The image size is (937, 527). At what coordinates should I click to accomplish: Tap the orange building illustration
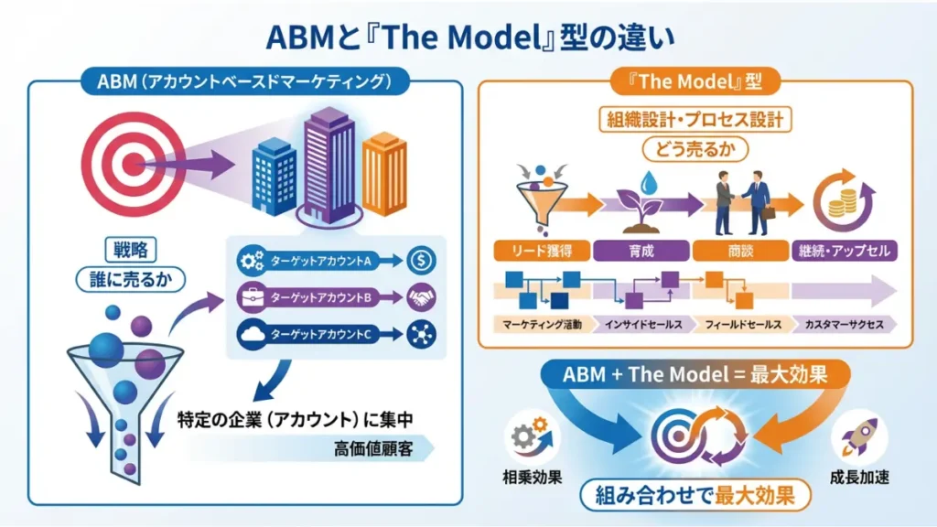(x=384, y=174)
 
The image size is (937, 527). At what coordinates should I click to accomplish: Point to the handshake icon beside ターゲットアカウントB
(x=421, y=298)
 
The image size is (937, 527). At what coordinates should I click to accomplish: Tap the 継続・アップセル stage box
(x=845, y=250)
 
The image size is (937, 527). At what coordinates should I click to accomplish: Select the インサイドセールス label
(x=641, y=324)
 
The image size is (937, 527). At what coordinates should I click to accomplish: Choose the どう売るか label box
(x=695, y=148)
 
